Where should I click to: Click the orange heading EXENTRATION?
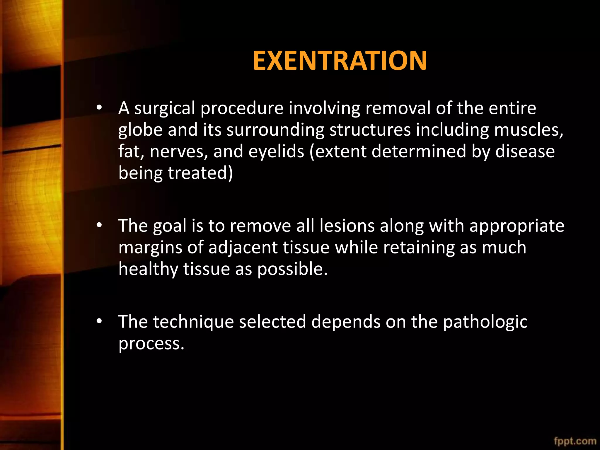(x=340, y=61)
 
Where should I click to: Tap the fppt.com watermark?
(x=575, y=441)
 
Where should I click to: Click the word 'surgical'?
(x=165, y=108)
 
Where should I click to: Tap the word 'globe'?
(x=140, y=130)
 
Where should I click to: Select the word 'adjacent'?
(x=243, y=248)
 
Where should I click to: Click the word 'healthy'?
(x=148, y=269)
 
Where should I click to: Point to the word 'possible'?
(x=291, y=269)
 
